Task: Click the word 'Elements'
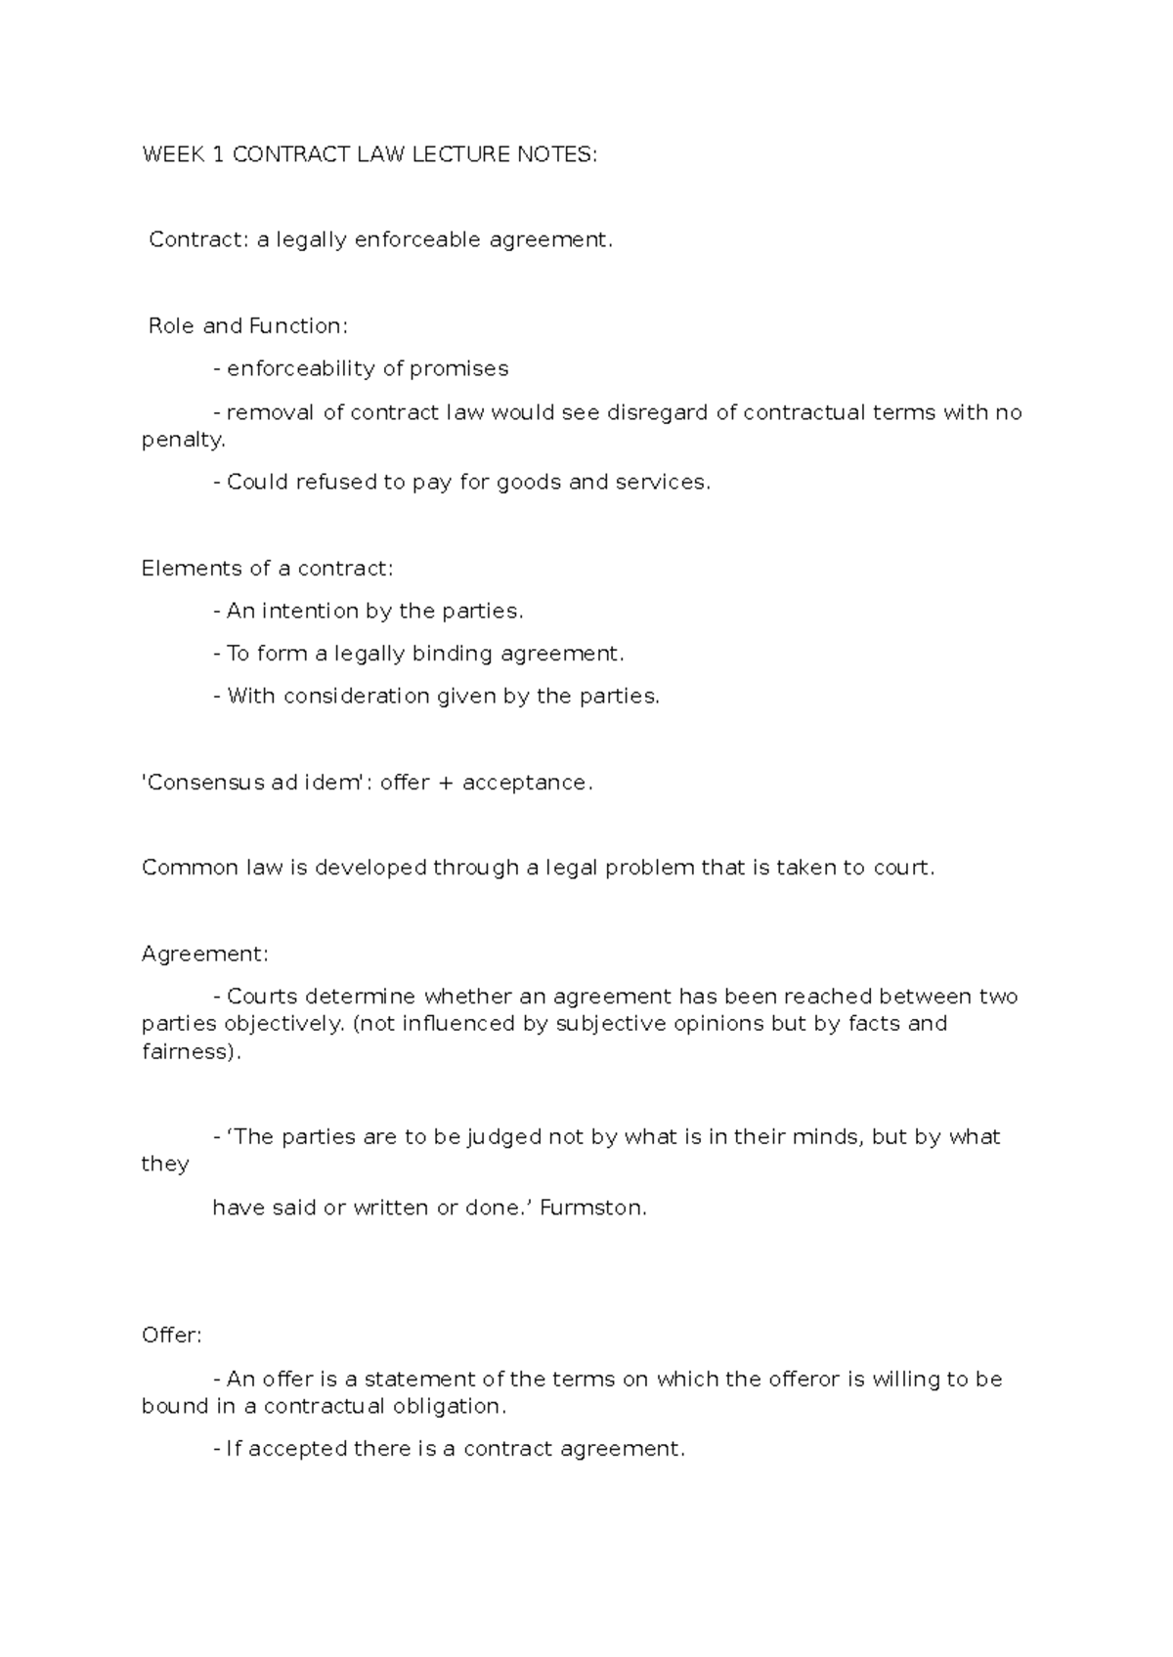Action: pyautogui.click(x=184, y=568)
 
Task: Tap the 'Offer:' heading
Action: pyautogui.click(x=172, y=1336)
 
